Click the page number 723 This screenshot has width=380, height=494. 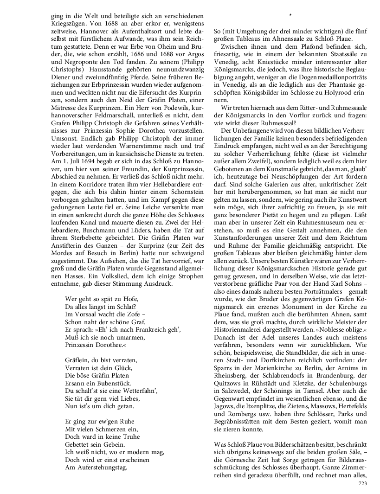pyautogui.click(x=362, y=483)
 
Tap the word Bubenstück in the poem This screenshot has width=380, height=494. pyautogui.click(x=115, y=384)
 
